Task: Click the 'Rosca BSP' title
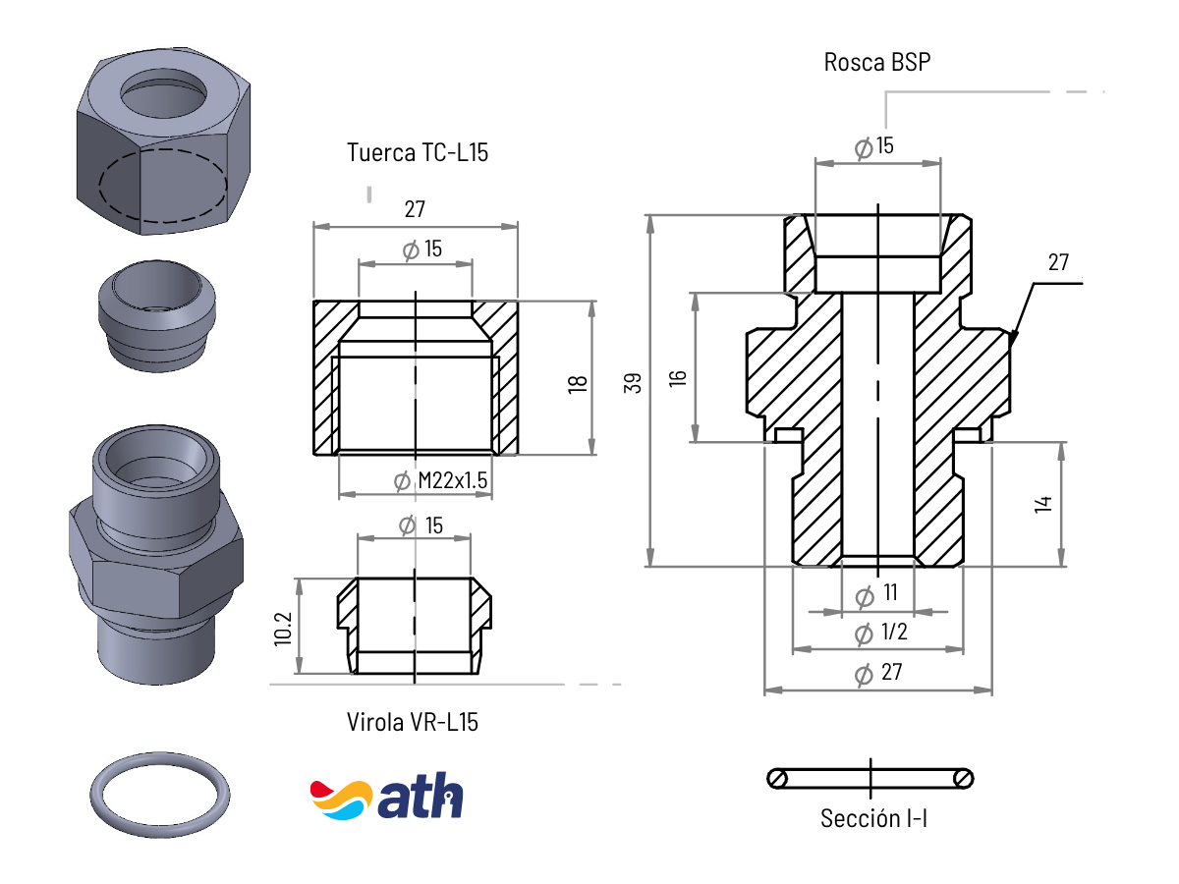coord(877,63)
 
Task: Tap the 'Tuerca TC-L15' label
coord(418,152)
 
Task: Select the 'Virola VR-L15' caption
coord(413,722)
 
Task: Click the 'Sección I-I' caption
coord(873,818)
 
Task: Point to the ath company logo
coord(386,798)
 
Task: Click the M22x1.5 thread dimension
coord(452,481)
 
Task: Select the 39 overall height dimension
coord(634,383)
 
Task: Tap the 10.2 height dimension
coord(283,630)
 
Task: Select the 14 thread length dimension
coord(1043,504)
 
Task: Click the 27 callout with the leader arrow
coord(1057,262)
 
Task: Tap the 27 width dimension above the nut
coord(415,209)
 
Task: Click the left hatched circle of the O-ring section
coord(778,779)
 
